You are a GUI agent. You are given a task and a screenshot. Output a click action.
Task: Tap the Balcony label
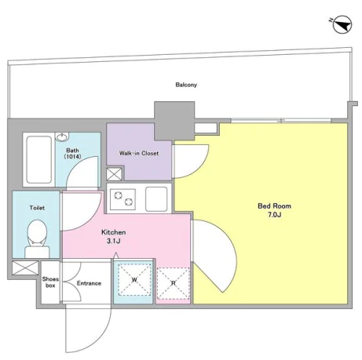pyautogui.click(x=186, y=85)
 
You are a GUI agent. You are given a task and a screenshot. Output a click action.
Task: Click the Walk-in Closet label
pyautogui.click(x=139, y=153)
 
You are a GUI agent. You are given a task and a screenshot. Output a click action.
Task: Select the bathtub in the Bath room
pyautogui.click(x=38, y=159)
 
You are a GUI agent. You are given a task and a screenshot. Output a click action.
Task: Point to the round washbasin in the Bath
pyautogui.click(x=62, y=136)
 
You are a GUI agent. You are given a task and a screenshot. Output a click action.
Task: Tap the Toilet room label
pyautogui.click(x=37, y=208)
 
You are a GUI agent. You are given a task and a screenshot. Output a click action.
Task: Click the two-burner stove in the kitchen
pyautogui.click(x=122, y=199)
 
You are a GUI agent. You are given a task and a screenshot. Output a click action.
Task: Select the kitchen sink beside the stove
pyautogui.click(x=156, y=199)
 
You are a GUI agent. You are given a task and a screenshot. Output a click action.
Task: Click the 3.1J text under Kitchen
pyautogui.click(x=113, y=241)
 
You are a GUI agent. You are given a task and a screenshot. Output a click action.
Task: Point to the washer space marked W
pyautogui.click(x=134, y=280)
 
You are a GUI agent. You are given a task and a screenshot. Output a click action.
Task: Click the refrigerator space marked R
pyautogui.click(x=173, y=283)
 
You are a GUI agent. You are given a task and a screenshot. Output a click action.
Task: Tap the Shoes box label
pyautogui.click(x=50, y=282)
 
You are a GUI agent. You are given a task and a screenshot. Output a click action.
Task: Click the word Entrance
pyautogui.click(x=89, y=283)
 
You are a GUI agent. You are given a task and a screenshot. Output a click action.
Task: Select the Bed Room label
pyautogui.click(x=274, y=206)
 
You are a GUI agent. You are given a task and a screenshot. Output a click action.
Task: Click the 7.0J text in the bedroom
pyautogui.click(x=274, y=215)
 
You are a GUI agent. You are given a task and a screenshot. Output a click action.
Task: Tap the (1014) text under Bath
pyautogui.click(x=72, y=156)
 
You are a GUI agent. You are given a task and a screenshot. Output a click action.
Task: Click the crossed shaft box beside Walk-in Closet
pyautogui.click(x=115, y=174)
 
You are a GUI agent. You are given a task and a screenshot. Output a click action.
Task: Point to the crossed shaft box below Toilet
pyautogui.click(x=25, y=267)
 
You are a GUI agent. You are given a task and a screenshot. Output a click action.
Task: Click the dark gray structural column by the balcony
pyautogui.click(x=174, y=121)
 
